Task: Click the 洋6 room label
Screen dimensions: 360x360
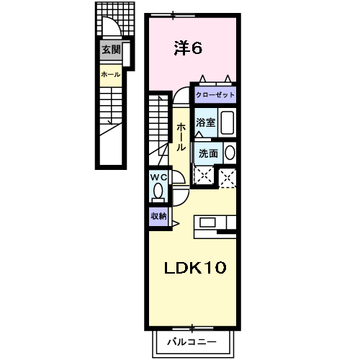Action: pyautogui.click(x=187, y=48)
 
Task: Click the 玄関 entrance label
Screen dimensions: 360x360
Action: pyautogui.click(x=110, y=50)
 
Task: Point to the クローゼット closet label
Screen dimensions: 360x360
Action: pyautogui.click(x=215, y=94)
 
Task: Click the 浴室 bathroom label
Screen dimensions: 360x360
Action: pyautogui.click(x=206, y=122)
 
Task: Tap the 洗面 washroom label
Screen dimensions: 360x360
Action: pyautogui.click(x=208, y=153)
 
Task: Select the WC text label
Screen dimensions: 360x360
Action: pyautogui.click(x=158, y=176)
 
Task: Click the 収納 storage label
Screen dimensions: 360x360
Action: pyautogui.click(x=158, y=215)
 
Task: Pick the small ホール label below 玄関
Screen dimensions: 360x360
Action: pyautogui.click(x=110, y=74)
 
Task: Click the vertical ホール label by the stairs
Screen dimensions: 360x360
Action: pyautogui.click(x=181, y=136)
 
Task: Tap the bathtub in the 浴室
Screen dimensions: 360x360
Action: pyautogui.click(x=227, y=122)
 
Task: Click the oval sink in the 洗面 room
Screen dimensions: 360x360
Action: pyautogui.click(x=230, y=153)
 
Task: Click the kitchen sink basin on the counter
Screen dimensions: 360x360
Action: pyautogui.click(x=206, y=222)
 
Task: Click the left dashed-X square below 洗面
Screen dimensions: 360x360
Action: pyautogui.click(x=204, y=176)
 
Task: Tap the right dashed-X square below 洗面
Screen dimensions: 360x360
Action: pyautogui.click(x=228, y=176)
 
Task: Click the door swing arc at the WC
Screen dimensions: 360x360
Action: pyautogui.click(x=180, y=189)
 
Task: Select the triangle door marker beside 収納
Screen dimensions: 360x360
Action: pyautogui.click(x=175, y=224)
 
